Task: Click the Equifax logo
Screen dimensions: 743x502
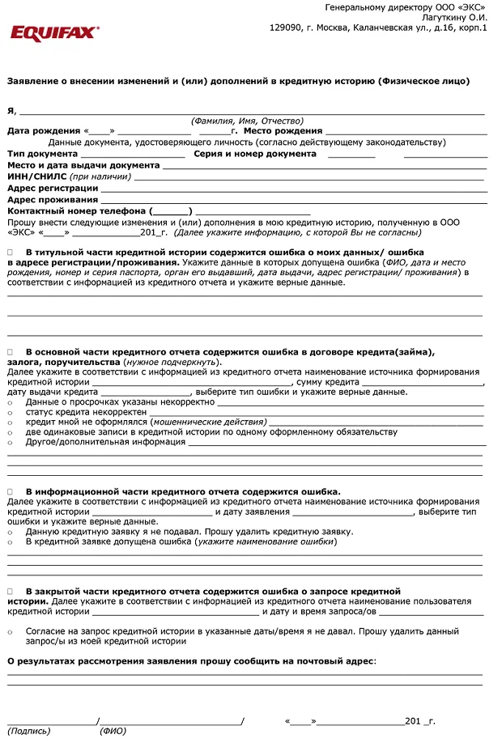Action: pos(54,32)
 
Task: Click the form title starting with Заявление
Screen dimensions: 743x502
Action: pos(238,81)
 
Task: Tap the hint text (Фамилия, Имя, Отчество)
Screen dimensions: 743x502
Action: pos(247,120)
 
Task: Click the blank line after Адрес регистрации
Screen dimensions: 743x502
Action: pos(292,188)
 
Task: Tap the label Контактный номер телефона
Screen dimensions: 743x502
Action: pos(76,210)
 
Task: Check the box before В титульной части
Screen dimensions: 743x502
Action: pos(11,253)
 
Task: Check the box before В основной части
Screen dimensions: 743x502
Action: pos(11,351)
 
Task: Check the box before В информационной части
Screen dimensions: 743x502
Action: pos(11,491)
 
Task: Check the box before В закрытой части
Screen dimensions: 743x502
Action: pos(11,592)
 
